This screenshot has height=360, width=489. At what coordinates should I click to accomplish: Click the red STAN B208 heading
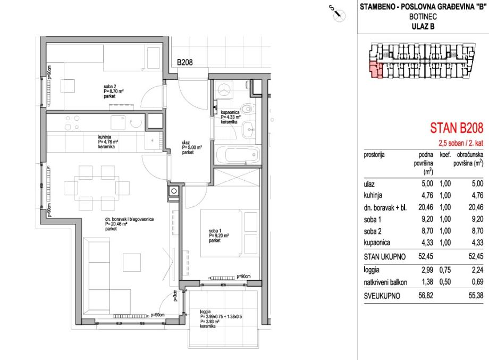(457, 128)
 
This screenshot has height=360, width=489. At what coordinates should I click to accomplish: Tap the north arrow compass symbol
(339, 15)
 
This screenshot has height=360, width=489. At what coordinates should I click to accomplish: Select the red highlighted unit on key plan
(376, 70)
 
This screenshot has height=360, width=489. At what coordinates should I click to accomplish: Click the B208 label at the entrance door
(185, 62)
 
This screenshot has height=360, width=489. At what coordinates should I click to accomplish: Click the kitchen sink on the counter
(118, 122)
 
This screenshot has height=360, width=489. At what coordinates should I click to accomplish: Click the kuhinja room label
(105, 137)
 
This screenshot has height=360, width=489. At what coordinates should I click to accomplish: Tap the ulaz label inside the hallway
(186, 143)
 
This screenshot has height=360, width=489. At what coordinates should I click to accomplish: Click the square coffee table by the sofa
(132, 262)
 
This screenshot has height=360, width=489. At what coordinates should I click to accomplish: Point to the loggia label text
(206, 312)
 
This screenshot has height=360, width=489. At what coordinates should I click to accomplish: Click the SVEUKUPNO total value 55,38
(476, 296)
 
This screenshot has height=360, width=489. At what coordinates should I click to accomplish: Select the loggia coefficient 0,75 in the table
(445, 270)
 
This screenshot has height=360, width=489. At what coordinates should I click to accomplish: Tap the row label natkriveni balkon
(385, 283)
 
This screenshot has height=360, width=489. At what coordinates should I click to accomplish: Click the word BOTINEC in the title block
(423, 16)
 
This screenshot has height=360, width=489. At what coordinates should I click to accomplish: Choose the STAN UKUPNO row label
(385, 257)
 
